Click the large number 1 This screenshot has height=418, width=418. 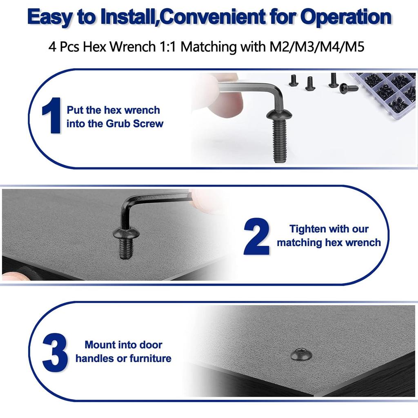point(52,116)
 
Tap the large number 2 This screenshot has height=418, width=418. point(256,236)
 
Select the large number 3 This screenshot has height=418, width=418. point(55,352)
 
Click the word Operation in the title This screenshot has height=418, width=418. point(346,17)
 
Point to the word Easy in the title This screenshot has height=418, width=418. point(50,17)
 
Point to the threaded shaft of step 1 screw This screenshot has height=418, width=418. point(280,141)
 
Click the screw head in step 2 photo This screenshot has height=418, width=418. point(126,233)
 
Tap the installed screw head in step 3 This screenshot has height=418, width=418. point(301,354)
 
